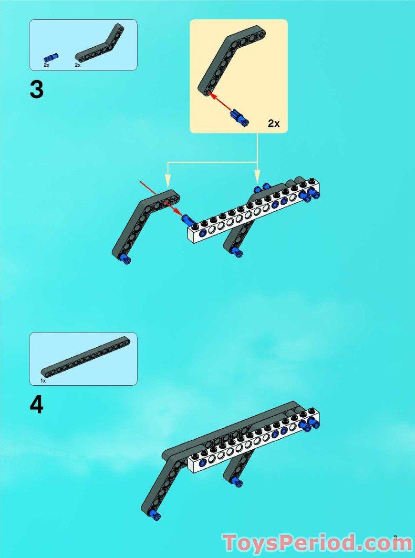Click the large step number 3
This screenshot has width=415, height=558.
point(36,90)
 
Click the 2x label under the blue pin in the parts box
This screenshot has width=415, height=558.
point(47,64)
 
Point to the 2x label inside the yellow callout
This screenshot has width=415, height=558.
point(273,124)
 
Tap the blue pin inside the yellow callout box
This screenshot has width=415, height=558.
point(239,117)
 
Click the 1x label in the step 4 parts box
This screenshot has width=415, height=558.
point(43,381)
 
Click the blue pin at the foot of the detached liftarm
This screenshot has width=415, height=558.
point(126,259)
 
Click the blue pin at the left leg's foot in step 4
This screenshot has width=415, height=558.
point(154,514)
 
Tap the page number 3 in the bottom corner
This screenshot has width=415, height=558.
point(395,537)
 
